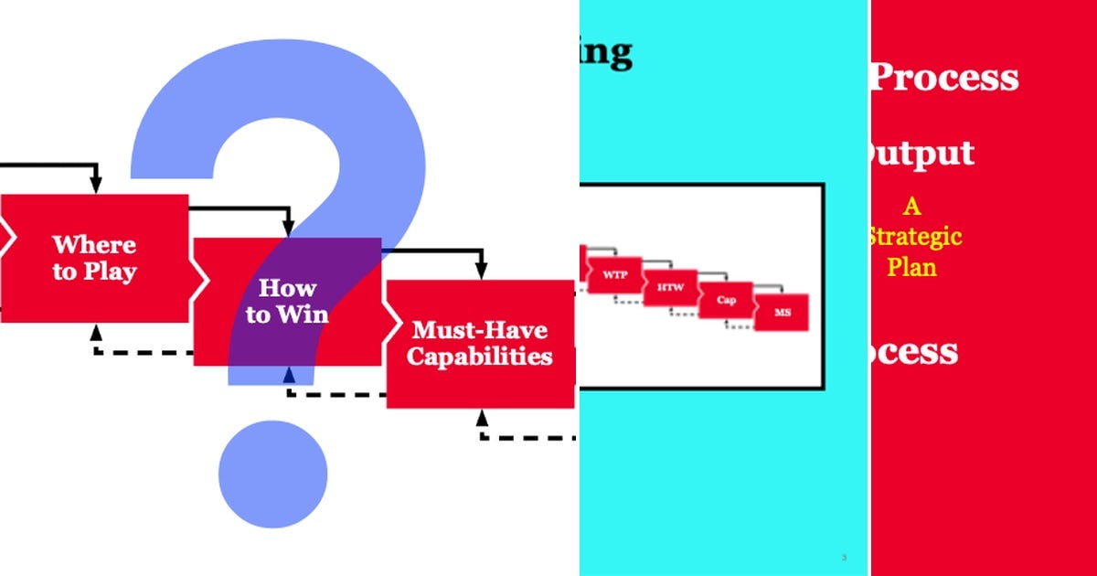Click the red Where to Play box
tap(94, 258)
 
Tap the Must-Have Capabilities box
tap(480, 343)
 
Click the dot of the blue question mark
tap(272, 473)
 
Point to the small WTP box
tap(613, 274)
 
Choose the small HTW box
tap(669, 288)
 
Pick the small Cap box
tap(726, 300)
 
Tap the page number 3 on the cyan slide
tap(843, 557)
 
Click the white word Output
tap(918, 154)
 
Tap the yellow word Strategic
tap(914, 238)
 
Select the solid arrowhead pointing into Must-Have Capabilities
tap(481, 272)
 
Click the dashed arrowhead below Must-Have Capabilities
tap(482, 417)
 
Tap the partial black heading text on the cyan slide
tap(606, 52)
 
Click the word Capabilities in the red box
tap(480, 357)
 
